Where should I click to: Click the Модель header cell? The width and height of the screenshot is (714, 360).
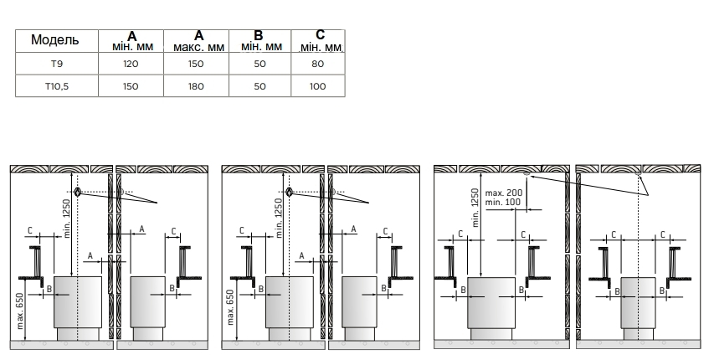coord(54,40)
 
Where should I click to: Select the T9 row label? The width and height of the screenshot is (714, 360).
coord(56,64)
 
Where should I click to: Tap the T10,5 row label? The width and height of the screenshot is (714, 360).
coord(56,86)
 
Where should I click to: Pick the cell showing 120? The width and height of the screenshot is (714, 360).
coord(131,64)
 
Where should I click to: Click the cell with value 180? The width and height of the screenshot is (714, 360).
coord(196,86)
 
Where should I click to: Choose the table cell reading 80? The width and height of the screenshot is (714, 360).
coord(318,64)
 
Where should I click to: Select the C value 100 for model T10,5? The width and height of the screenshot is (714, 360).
coord(317,86)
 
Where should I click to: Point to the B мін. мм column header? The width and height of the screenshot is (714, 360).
coord(260,41)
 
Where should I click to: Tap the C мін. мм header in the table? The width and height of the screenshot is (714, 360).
coord(320,41)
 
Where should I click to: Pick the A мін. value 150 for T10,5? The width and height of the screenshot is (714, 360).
coord(131,86)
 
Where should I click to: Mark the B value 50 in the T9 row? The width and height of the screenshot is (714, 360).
coord(259,64)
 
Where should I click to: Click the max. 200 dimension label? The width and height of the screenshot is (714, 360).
coord(504,193)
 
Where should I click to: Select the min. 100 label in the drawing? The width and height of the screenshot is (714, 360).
coord(503,202)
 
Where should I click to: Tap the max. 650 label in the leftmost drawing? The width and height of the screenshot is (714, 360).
coord(20,310)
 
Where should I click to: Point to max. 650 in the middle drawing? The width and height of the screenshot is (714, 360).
coord(230,307)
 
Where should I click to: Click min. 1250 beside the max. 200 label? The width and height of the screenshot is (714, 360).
coord(475,208)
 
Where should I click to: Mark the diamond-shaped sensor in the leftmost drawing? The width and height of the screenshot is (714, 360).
coord(78,193)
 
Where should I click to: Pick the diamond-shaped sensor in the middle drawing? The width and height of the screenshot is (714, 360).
coord(289,193)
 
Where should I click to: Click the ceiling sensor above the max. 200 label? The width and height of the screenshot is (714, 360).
coord(527,173)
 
